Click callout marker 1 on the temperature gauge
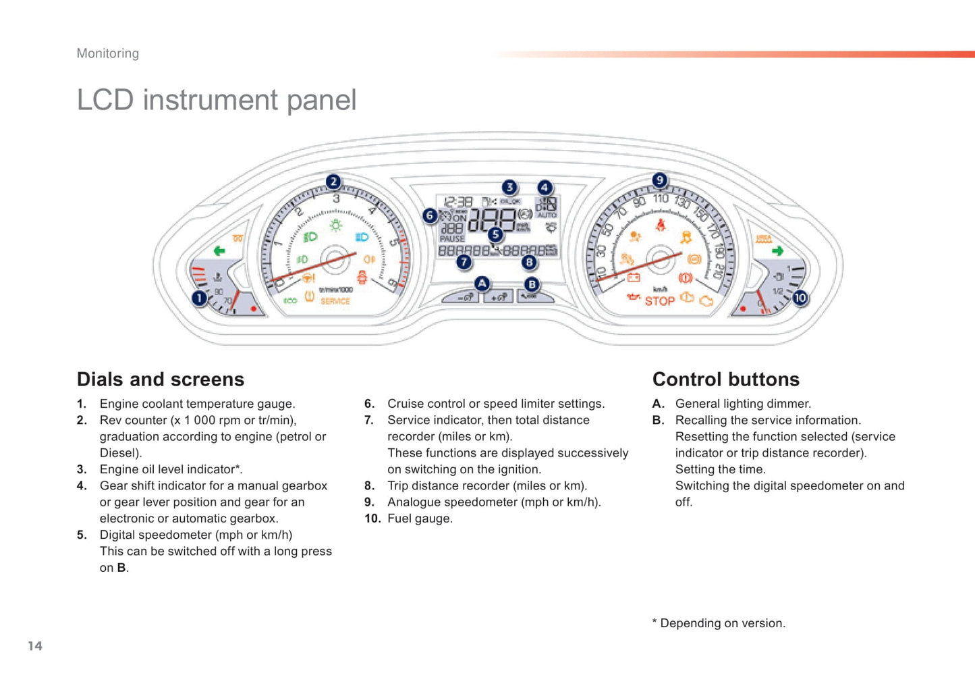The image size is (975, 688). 199,298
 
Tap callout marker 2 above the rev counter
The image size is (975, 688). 333,182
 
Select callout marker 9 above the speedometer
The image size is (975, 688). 659,180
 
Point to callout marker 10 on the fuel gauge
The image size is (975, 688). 800,298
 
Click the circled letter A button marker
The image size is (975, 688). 482,284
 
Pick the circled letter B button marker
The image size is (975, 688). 532,285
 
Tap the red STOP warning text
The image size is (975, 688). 659,301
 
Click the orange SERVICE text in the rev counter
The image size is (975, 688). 335,301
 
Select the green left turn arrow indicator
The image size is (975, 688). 219,251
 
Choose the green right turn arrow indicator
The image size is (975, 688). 777,251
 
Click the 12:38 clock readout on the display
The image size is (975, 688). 458,202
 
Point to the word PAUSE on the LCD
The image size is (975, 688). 452,239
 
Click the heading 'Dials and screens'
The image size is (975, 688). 161,379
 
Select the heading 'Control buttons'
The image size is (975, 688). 725,379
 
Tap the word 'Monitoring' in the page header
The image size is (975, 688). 108,53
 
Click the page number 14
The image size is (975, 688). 35,646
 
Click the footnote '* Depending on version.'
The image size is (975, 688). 719,623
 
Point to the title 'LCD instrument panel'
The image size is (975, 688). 217,100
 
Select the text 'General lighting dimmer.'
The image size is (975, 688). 743,404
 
